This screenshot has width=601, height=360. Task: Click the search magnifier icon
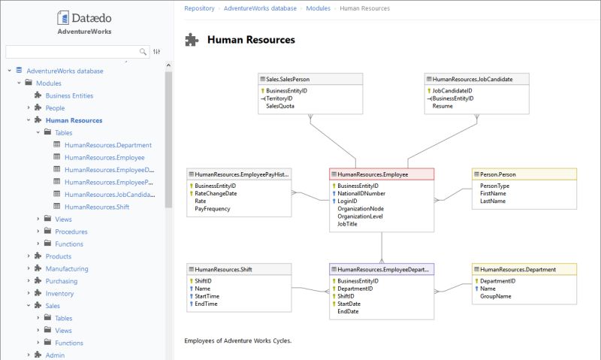pyautogui.click(x=143, y=52)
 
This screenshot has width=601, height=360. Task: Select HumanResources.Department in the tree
pyautogui.click(x=108, y=145)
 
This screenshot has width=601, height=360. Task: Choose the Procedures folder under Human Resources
pyautogui.click(x=71, y=231)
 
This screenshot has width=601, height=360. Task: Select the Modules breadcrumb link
pyautogui.click(x=318, y=8)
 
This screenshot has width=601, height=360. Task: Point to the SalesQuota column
pyautogui.click(x=280, y=107)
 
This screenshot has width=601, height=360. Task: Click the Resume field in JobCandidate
pyautogui.click(x=442, y=107)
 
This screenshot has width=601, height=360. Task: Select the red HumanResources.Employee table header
pyautogui.click(x=381, y=174)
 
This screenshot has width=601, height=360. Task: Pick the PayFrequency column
pyautogui.click(x=213, y=209)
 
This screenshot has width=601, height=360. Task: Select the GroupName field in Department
pyautogui.click(x=496, y=297)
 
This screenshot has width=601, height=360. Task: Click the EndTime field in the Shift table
pyautogui.click(x=207, y=304)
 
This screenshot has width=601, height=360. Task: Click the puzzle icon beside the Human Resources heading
pyautogui.click(x=192, y=40)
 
